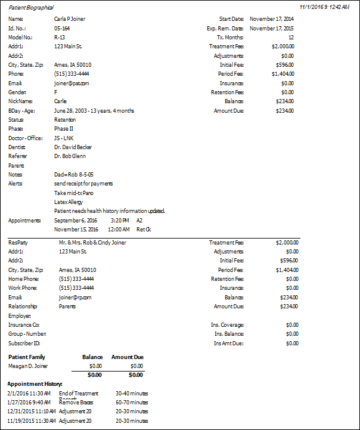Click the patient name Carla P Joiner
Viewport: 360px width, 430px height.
coord(69,19)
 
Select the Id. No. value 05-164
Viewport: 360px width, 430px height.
coord(62,28)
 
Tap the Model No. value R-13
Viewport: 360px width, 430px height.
coord(59,37)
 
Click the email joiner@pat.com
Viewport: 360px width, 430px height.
coord(72,83)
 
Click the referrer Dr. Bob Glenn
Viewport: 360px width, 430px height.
coord(70,156)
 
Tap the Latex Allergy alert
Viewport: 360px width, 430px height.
coord(69,202)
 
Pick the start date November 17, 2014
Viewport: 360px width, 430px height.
coord(271,19)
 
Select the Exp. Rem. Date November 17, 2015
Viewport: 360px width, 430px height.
coord(271,28)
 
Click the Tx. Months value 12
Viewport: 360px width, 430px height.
coord(290,37)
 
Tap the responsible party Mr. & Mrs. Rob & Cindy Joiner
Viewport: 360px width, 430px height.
coord(92,243)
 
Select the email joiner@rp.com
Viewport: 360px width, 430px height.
coord(75,297)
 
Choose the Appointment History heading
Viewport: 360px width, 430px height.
coord(35,383)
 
